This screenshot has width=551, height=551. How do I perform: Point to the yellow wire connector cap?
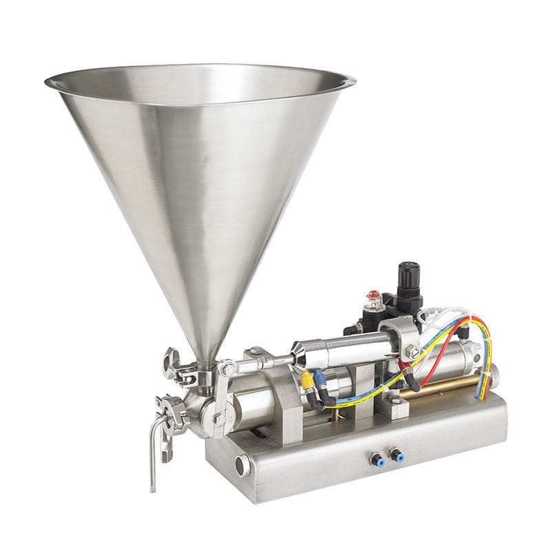point(305,378)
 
